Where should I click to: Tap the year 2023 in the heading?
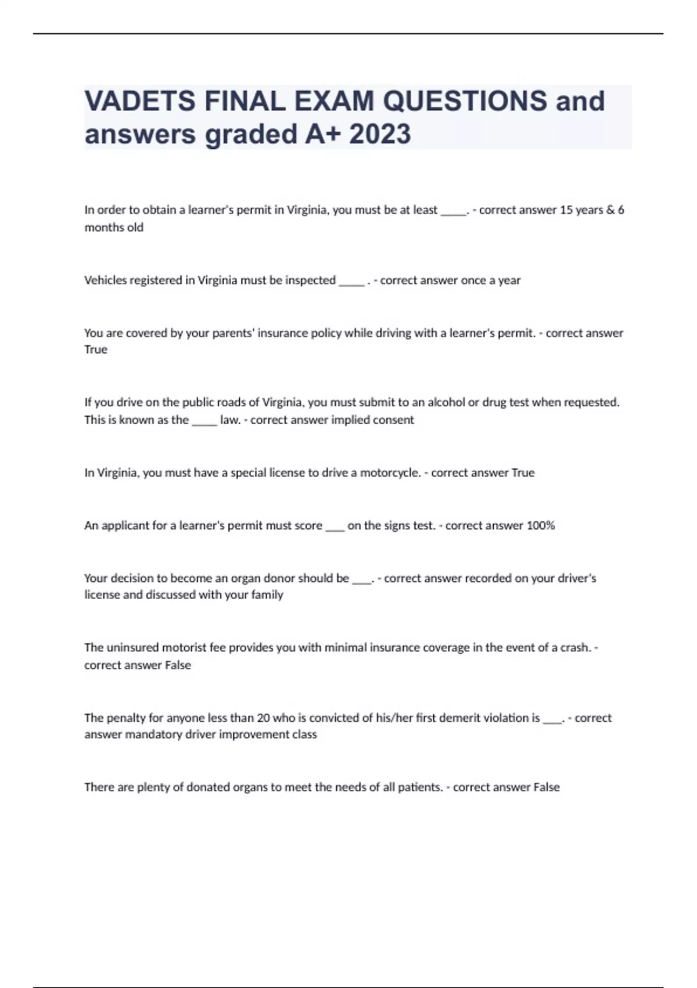[x=380, y=134]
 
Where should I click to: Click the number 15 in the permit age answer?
[x=566, y=210]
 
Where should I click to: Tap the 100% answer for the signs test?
[x=540, y=525]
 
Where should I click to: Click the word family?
[x=268, y=595]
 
